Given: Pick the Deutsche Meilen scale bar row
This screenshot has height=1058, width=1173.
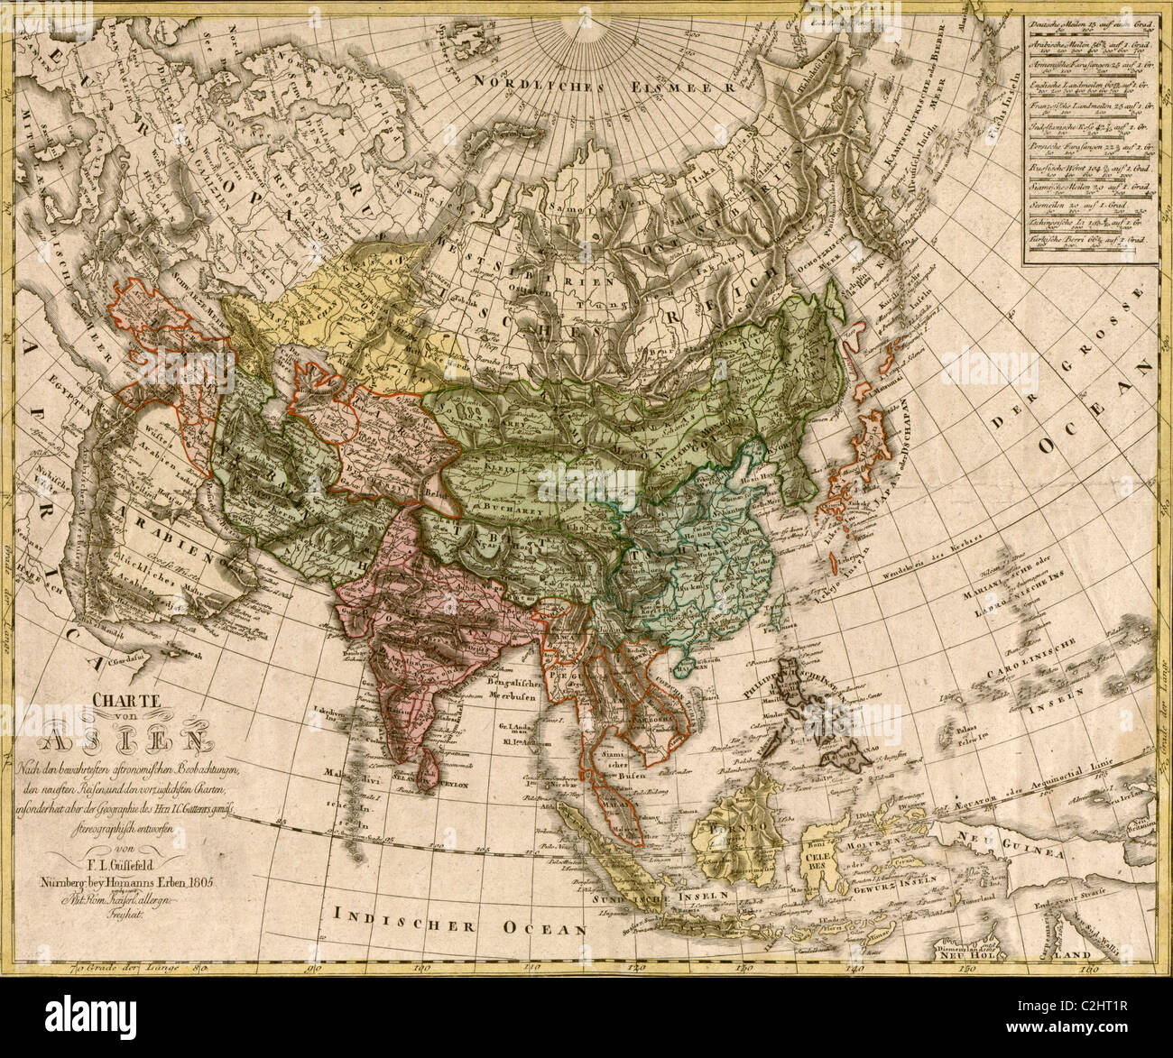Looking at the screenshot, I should coord(1087,26).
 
